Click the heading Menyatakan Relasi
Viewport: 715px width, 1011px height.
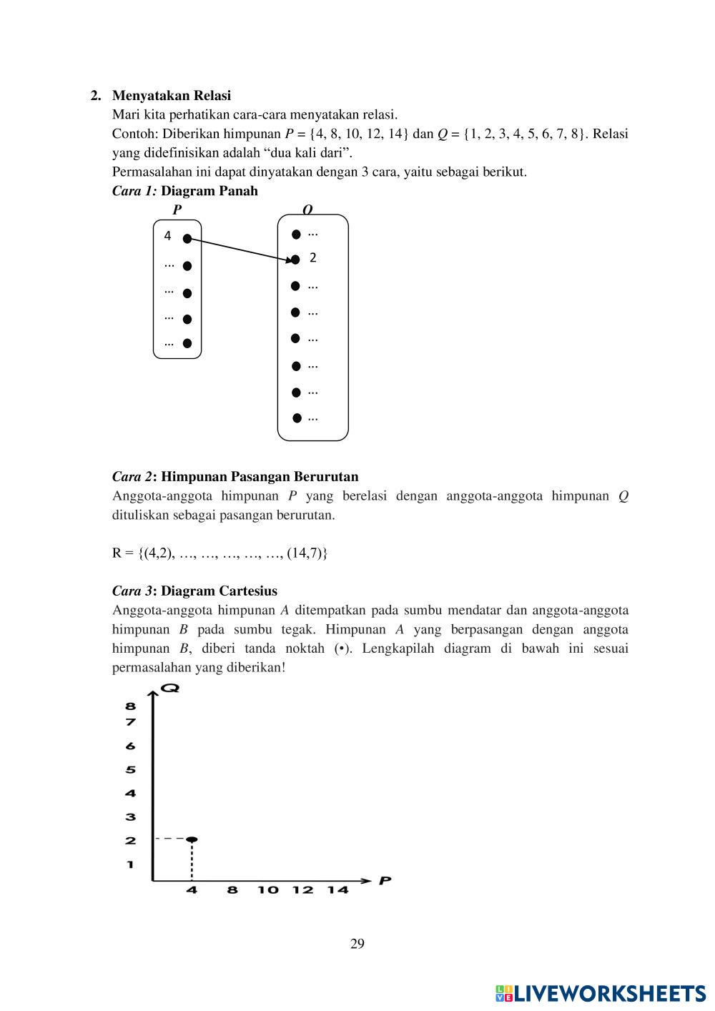tap(171, 96)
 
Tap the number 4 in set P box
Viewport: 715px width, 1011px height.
tap(167, 236)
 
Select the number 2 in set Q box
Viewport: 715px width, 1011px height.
tap(312, 258)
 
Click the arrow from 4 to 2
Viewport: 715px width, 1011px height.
tap(241, 249)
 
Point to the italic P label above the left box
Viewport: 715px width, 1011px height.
tap(177, 209)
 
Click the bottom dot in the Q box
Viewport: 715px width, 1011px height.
tap(296, 418)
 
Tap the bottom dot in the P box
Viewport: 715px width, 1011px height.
tap(187, 343)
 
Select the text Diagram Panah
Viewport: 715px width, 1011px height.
tap(209, 192)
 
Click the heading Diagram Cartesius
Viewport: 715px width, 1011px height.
tap(219, 591)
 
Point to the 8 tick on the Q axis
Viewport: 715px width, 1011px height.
tap(131, 706)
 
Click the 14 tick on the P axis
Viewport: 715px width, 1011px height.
tap(337, 890)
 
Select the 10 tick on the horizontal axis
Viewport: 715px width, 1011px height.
tap(267, 890)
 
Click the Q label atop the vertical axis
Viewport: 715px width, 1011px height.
tap(169, 689)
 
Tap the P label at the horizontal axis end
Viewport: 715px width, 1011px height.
tap(385, 881)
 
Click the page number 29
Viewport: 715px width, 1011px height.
tap(357, 944)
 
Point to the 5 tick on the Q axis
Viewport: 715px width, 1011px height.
tap(131, 770)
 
